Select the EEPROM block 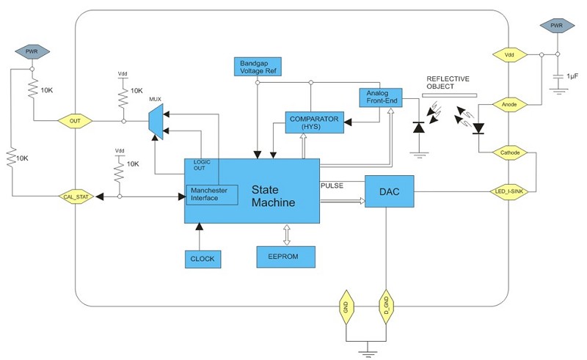coord(286,257)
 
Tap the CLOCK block coord(202,258)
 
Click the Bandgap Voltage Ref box coord(256,67)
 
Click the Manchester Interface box coord(211,195)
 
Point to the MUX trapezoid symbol coord(155,120)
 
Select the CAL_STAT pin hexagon coord(76,196)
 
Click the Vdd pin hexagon coord(508,55)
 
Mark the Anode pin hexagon coord(508,104)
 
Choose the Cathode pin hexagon coord(508,153)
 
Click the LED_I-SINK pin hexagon coord(508,191)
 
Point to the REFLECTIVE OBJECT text coord(448,83)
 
